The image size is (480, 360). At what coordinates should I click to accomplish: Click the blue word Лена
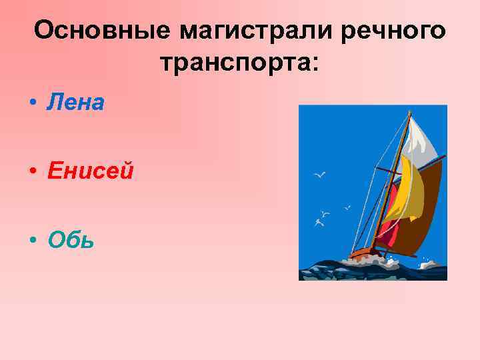click(76, 103)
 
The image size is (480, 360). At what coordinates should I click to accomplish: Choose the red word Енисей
click(91, 171)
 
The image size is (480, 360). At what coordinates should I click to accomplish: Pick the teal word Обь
click(71, 240)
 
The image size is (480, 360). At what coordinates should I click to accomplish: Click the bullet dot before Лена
click(32, 104)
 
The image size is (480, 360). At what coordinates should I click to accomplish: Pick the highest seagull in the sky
click(320, 175)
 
